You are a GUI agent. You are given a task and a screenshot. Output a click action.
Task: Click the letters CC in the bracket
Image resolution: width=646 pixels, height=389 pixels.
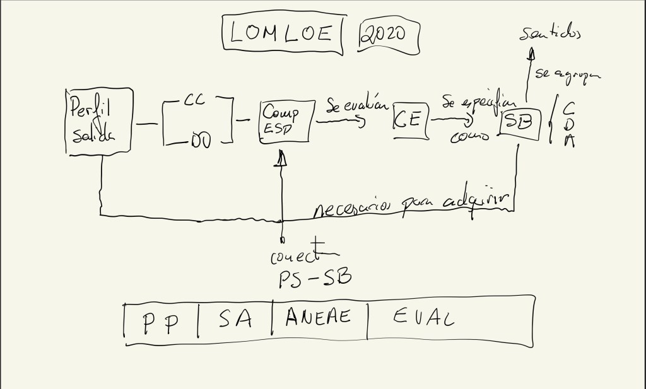[193, 100]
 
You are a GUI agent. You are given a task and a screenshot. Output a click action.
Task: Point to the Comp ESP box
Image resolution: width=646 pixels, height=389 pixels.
[286, 120]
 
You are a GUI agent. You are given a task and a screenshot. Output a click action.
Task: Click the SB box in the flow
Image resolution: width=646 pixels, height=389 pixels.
[521, 124]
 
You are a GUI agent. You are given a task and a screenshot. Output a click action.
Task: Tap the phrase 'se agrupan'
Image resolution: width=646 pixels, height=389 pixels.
[566, 75]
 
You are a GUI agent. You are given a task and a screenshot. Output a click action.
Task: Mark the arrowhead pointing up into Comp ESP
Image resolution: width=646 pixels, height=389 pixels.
[282, 161]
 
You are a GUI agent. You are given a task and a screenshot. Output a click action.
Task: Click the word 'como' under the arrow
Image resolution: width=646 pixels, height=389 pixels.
[471, 136]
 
